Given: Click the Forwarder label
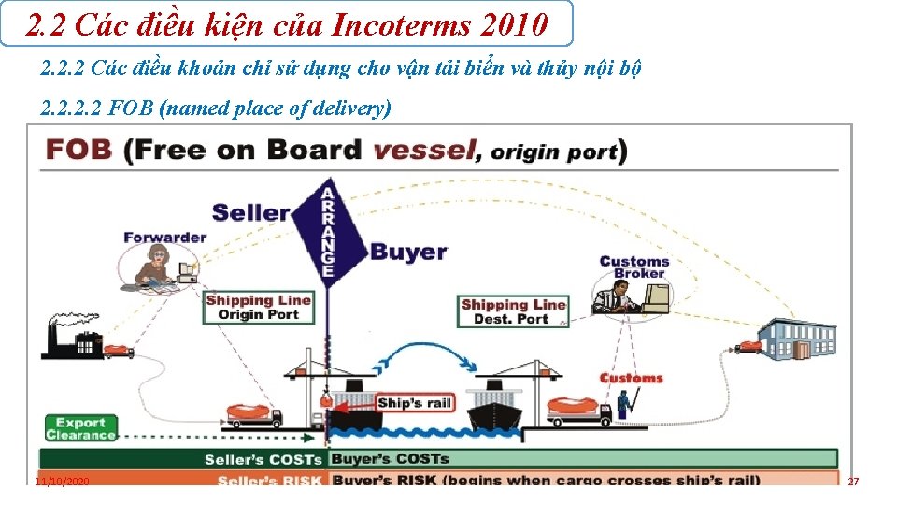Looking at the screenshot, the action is [x=164, y=238].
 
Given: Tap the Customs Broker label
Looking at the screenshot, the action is [x=634, y=267].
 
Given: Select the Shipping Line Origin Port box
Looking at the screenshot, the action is [x=258, y=308].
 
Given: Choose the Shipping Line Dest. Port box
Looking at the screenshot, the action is [x=513, y=311].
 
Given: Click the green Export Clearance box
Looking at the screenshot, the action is [x=80, y=428].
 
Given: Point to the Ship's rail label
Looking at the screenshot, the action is [x=414, y=403].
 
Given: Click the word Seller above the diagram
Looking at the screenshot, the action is [x=250, y=211].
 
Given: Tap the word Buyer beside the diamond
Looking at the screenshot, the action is [x=408, y=252].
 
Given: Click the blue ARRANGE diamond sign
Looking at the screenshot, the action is [x=327, y=230].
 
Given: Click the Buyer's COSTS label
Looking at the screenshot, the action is [x=390, y=459].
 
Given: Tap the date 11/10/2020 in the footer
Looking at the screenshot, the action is [x=62, y=481].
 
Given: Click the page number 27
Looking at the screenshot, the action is [x=852, y=481].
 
